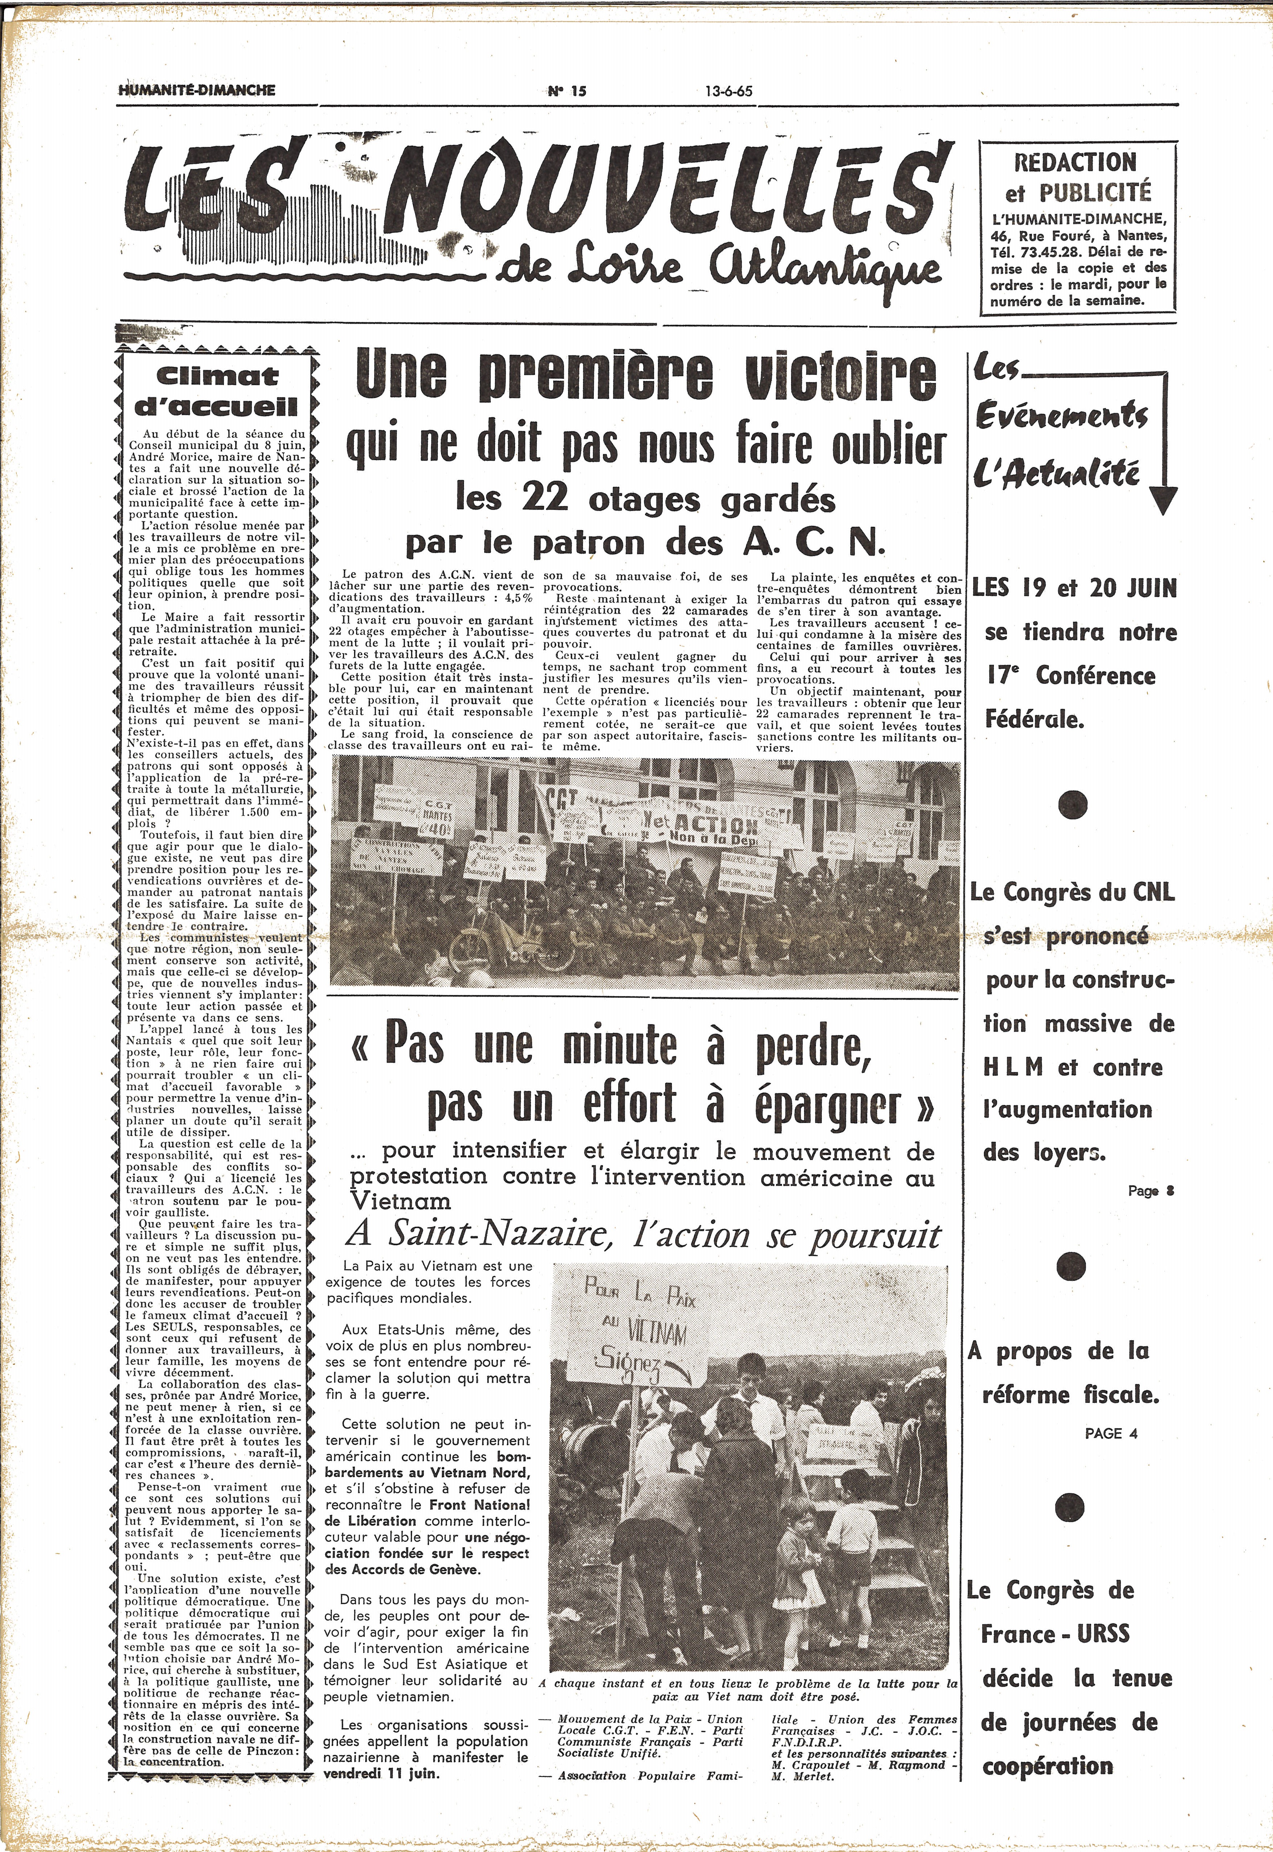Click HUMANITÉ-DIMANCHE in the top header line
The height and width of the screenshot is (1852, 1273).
pyautogui.click(x=197, y=90)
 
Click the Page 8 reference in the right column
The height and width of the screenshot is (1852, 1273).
pyautogui.click(x=1151, y=1191)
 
